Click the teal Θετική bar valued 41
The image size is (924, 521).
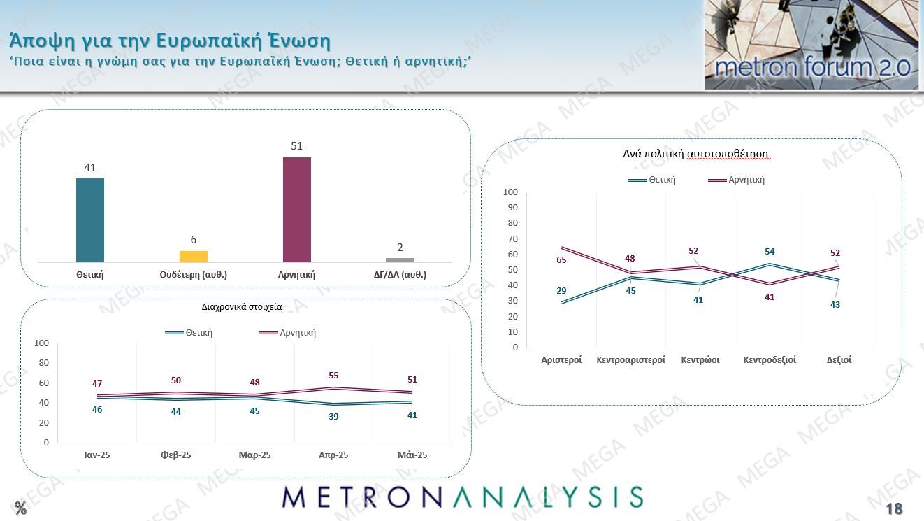(x=89, y=220)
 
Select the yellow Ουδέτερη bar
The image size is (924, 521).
(x=194, y=257)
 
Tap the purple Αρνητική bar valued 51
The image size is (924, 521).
(x=297, y=210)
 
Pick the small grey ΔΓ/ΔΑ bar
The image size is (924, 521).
(x=400, y=260)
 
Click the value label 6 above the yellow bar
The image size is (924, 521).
(x=194, y=240)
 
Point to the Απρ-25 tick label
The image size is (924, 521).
(x=333, y=455)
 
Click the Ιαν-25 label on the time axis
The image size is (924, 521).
(x=97, y=455)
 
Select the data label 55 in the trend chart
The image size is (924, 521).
(x=333, y=376)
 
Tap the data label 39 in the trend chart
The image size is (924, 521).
(x=333, y=416)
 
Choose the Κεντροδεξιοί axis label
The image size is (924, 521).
(x=770, y=360)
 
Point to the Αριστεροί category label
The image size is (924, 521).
(x=561, y=360)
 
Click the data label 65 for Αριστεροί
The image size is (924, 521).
(x=561, y=260)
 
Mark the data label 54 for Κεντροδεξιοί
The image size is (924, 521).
(x=770, y=252)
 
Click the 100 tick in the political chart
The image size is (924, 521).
(x=510, y=192)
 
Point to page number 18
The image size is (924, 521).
(x=894, y=508)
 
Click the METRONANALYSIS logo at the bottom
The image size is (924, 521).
(x=462, y=497)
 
